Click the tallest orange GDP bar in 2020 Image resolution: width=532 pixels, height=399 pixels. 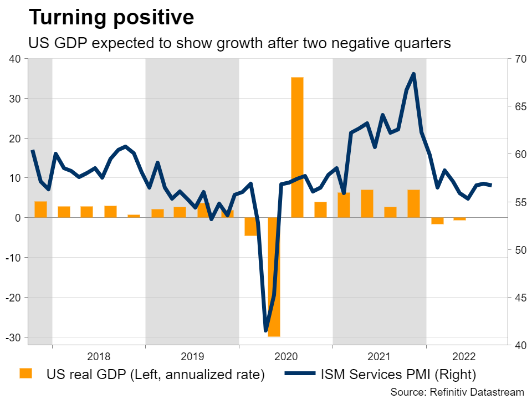pyautogui.click(x=297, y=147)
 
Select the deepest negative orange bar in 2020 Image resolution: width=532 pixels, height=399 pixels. pyautogui.click(x=274, y=277)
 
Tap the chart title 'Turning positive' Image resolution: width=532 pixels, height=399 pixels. pyautogui.click(x=111, y=18)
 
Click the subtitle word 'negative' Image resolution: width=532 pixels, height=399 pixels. pyautogui.click(x=361, y=44)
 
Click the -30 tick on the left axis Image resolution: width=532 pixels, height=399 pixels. pyautogui.click(x=12, y=337)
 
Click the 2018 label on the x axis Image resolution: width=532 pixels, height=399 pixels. pyautogui.click(x=99, y=356)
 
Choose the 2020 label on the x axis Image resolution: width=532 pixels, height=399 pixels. pyautogui.click(x=286, y=356)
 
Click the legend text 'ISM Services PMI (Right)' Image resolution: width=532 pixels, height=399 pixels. pyautogui.click(x=398, y=375)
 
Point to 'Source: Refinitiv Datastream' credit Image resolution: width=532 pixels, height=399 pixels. pyautogui.click(x=457, y=392)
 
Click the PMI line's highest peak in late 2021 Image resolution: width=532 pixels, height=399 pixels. pyautogui.click(x=413, y=74)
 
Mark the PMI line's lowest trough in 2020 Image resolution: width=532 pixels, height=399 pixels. pyautogui.click(x=266, y=331)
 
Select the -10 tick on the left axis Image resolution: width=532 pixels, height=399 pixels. pyautogui.click(x=12, y=258)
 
